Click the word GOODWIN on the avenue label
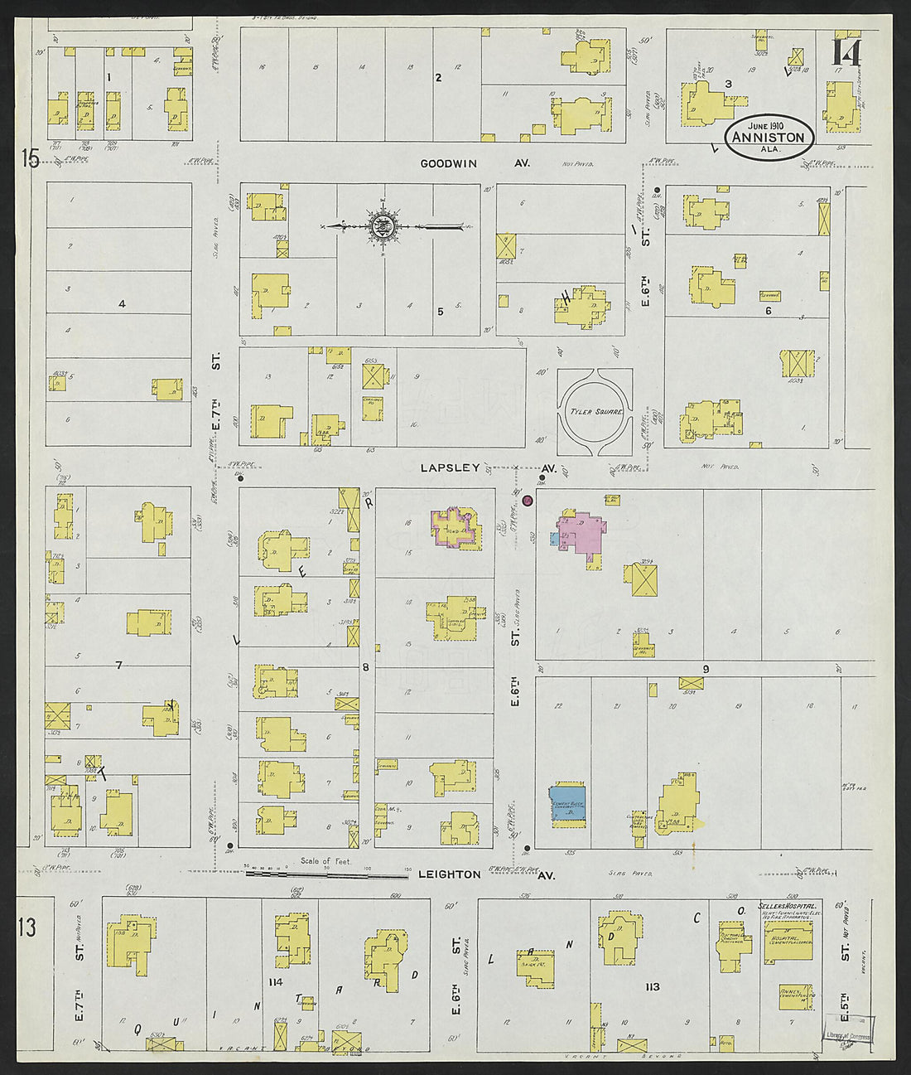449,163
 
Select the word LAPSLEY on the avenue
450,467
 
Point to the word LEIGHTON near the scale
449,874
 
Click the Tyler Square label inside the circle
595,412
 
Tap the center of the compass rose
383,225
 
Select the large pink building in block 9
583,534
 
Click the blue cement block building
567,802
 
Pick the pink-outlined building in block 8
455,528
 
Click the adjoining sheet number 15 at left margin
31,157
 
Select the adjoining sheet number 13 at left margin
27,927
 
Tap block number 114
277,982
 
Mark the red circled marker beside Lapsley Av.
528,500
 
